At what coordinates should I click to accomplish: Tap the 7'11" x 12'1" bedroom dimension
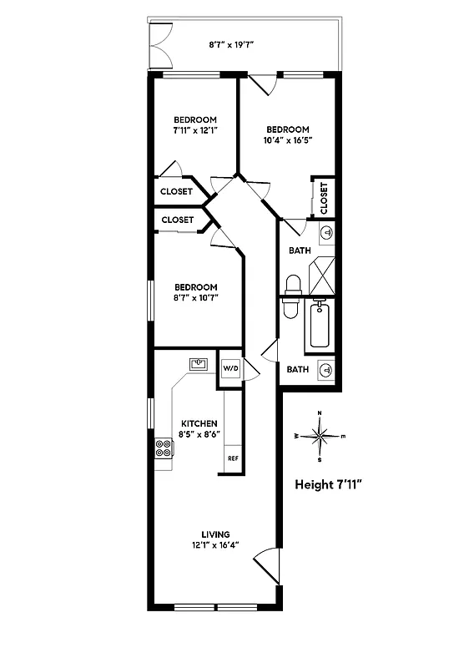tap(194, 130)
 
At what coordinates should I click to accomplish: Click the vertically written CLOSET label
tap(324, 199)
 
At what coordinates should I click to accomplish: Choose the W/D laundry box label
tap(229, 368)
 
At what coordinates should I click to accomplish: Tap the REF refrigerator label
tap(233, 458)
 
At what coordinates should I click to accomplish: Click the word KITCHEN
tap(199, 423)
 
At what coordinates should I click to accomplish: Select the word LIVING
tap(215, 534)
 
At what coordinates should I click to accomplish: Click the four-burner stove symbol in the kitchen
tap(164, 449)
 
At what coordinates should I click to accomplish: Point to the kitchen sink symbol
tap(199, 363)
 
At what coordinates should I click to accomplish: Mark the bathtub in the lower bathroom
tap(320, 326)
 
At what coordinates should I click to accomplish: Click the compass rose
tap(320, 435)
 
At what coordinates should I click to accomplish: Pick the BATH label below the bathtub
tap(297, 369)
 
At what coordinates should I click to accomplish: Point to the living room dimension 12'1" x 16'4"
tap(215, 546)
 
